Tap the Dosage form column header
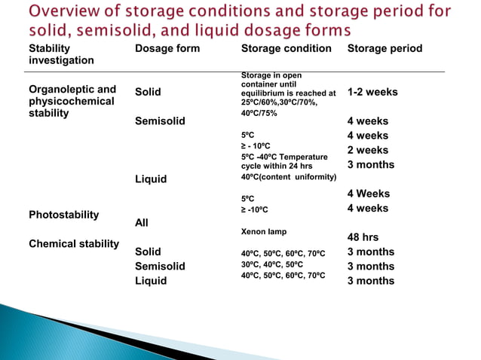167,48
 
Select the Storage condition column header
286,48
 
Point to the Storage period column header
384,48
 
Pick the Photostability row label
63,215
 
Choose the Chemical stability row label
73,243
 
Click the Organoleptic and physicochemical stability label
72,101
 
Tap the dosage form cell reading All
142,223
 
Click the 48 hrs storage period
363,236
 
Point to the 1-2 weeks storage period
372,93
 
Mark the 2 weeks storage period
368,150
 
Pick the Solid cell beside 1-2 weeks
148,93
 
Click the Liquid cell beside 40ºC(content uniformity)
151,179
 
